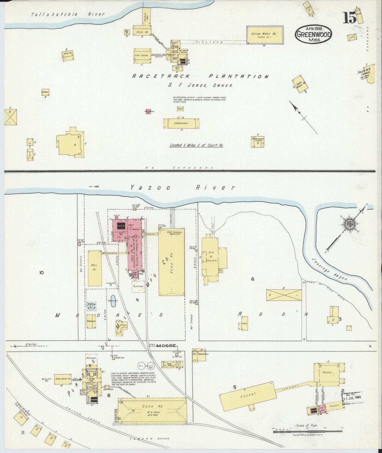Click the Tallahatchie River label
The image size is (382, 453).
(x=68, y=14)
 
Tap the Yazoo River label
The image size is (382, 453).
(x=182, y=188)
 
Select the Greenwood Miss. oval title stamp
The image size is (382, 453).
(x=314, y=34)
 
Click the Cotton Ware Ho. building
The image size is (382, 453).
(x=265, y=35)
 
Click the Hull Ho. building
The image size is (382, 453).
(x=95, y=268)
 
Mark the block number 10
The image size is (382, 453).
(x=41, y=273)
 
